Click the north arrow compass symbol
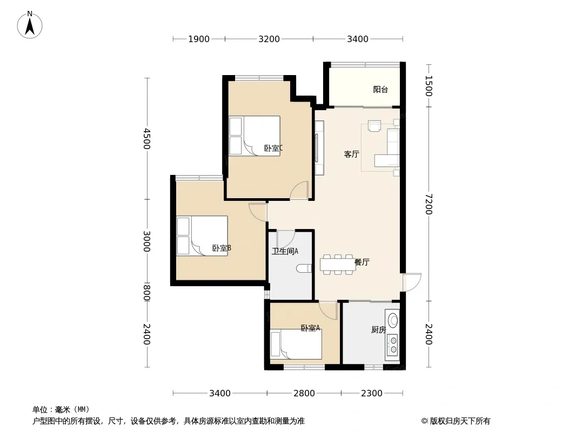pos(30,25)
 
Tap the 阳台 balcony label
pos(380,90)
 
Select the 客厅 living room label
pos(352,154)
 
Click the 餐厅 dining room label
pos(362,262)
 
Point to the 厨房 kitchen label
pos(378,329)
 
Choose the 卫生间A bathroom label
pos(285,252)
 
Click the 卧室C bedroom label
pos(273,148)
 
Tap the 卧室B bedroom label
pos(222,248)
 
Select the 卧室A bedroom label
pos(310,328)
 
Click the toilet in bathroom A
pos(304,268)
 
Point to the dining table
pos(338,265)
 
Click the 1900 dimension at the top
pos(199,39)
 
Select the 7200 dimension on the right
pos(428,204)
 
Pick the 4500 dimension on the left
pos(146,138)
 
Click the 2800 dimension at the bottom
pos(304,394)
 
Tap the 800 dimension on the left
pos(146,293)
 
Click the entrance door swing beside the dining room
pos(412,282)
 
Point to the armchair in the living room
pos(374,126)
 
